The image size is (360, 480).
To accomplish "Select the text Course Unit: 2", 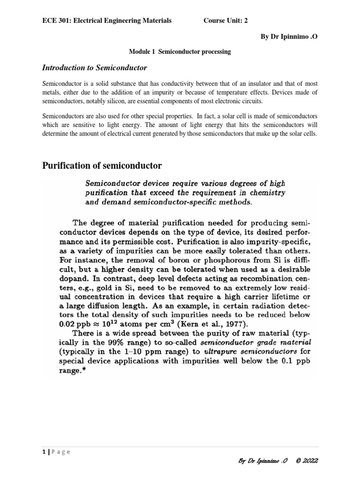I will point(225,20).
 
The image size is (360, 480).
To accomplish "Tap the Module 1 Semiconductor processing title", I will point(180,52).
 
